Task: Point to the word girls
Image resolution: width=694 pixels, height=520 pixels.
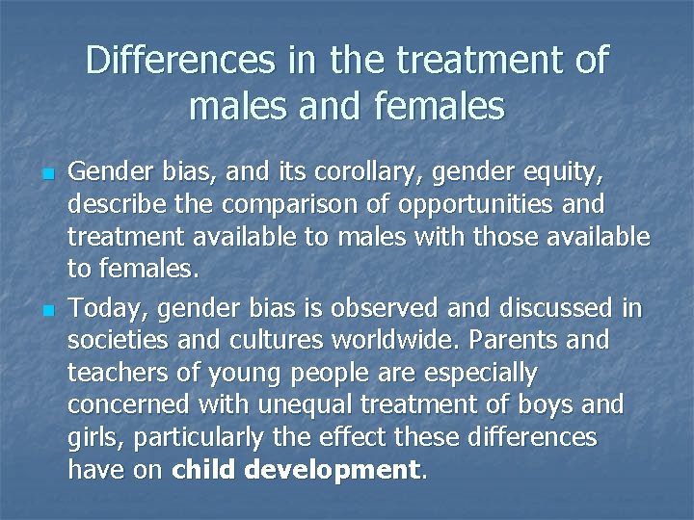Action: pyautogui.click(x=95, y=438)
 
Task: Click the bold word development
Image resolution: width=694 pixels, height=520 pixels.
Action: pyautogui.click(x=333, y=471)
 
